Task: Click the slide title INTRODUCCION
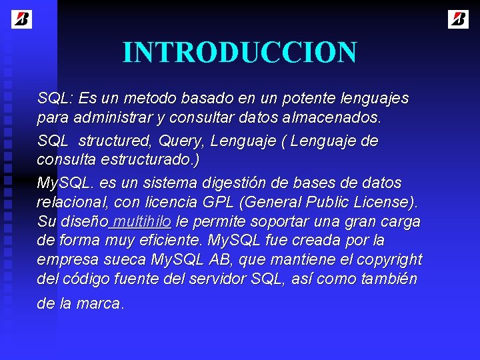tap(239, 53)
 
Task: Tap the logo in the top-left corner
tap(21, 19)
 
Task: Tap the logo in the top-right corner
tap(458, 19)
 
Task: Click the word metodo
tap(149, 99)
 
